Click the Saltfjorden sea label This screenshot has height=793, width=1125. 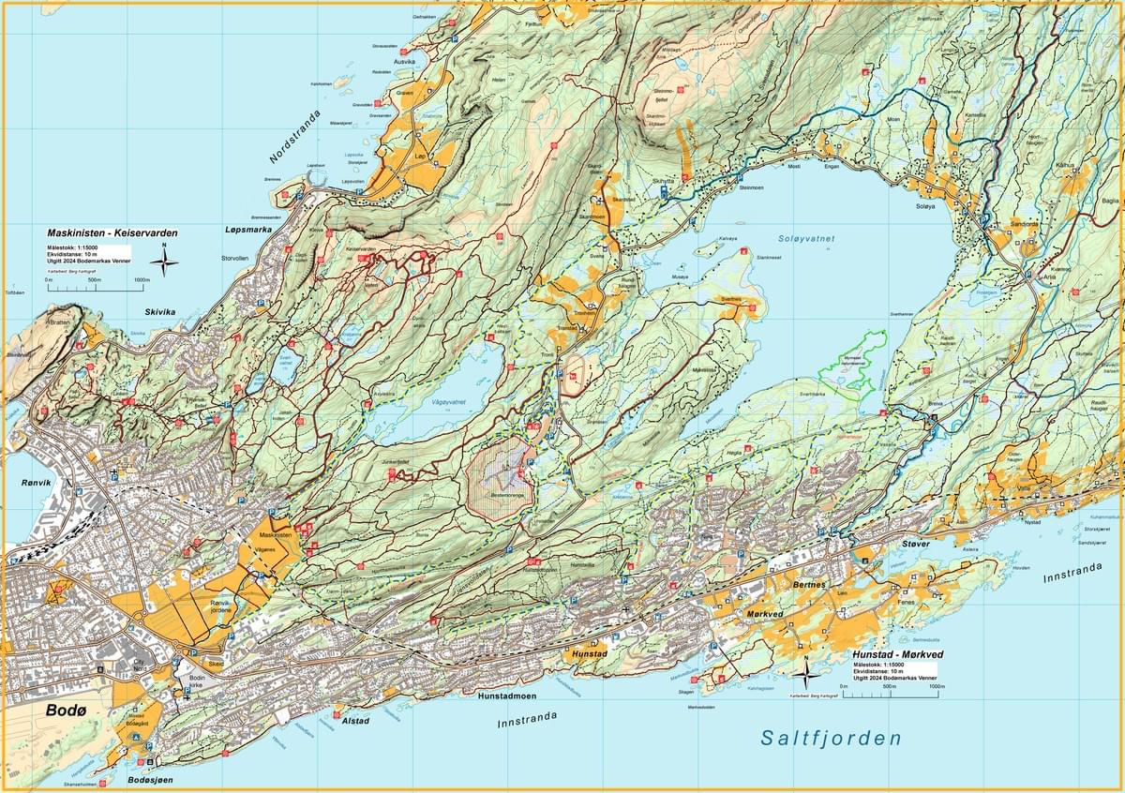(830, 739)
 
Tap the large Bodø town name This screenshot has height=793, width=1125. (66, 711)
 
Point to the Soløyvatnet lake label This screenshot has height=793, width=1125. (805, 239)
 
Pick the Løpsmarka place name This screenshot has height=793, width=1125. (253, 229)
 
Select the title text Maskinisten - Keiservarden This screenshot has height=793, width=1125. (112, 232)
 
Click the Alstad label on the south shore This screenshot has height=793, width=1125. (355, 721)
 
